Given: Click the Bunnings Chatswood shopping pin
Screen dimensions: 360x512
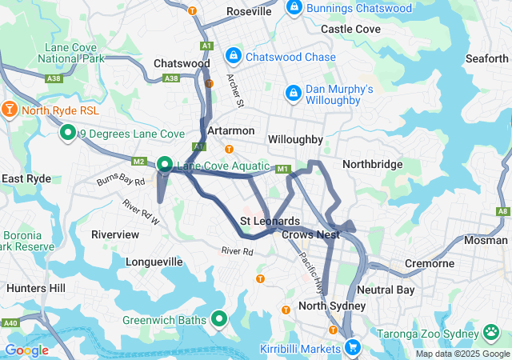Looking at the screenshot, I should [x=294, y=9].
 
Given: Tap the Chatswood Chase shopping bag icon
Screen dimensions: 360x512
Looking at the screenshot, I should [x=234, y=56].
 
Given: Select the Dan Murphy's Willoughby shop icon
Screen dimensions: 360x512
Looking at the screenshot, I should [x=294, y=94].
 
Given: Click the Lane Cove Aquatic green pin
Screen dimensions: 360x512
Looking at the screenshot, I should [x=165, y=165].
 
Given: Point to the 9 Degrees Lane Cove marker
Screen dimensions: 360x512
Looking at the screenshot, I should [x=68, y=133].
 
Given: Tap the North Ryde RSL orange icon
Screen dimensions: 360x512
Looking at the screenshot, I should [x=10, y=109].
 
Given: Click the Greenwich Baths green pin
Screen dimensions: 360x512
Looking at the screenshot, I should [x=220, y=320].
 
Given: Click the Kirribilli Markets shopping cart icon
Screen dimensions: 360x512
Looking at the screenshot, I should [x=352, y=347].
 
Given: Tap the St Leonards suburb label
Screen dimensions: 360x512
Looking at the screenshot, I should [x=270, y=221].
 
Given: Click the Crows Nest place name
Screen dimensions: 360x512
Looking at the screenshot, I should [x=311, y=234].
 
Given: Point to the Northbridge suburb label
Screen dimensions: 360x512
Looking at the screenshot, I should [x=372, y=163].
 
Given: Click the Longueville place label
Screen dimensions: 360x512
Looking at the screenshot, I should [x=154, y=262].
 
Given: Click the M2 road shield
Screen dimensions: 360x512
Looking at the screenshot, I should [x=138, y=162].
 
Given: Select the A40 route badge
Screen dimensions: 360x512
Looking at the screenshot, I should [x=10, y=323].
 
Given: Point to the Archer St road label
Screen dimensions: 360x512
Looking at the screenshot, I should [x=234, y=92].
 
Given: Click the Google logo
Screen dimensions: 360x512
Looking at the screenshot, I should [x=26, y=350].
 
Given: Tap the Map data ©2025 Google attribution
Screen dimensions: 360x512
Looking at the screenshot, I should [x=462, y=354].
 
